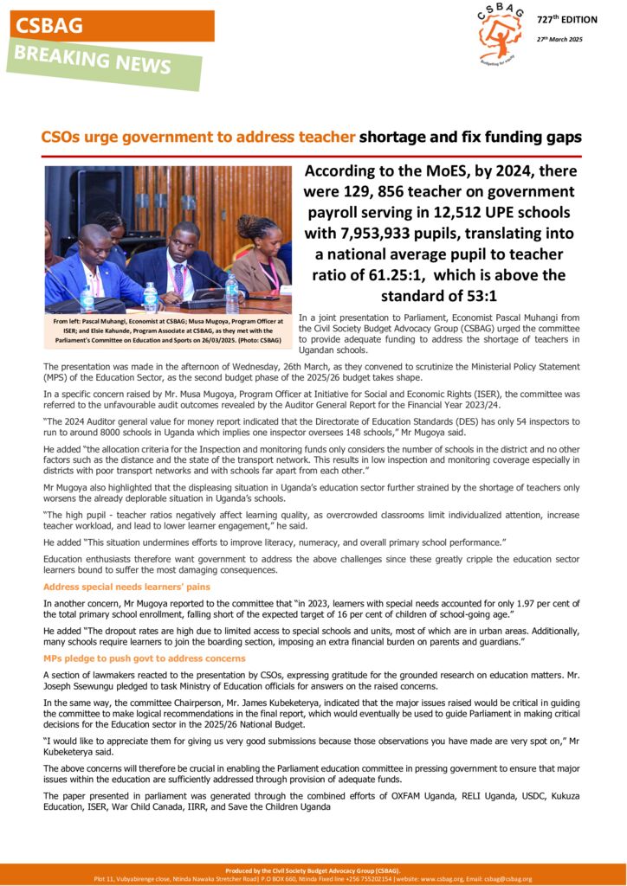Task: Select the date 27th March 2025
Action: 559,39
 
